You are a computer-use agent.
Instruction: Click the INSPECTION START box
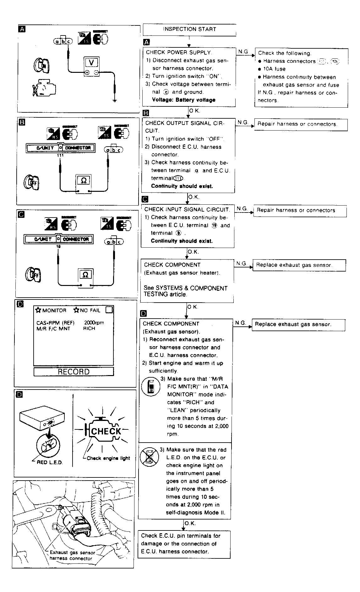point(189,30)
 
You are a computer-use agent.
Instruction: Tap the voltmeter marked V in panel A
point(91,66)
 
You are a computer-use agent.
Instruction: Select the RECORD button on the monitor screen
point(74,372)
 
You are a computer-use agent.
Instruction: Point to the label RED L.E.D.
point(50,462)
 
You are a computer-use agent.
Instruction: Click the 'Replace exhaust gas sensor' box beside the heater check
point(294,265)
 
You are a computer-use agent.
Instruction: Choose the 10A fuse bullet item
point(274,69)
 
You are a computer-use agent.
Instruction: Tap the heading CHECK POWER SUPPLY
point(179,52)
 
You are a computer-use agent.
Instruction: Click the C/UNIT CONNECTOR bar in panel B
point(60,148)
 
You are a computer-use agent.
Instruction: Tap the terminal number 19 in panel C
point(58,247)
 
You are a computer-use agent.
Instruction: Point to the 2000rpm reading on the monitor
point(94,323)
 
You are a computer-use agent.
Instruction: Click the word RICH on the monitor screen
point(89,328)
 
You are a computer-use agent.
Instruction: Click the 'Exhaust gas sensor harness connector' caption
point(72,555)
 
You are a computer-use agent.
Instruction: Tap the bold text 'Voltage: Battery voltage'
point(183,100)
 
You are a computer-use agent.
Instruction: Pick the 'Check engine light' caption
point(108,458)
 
